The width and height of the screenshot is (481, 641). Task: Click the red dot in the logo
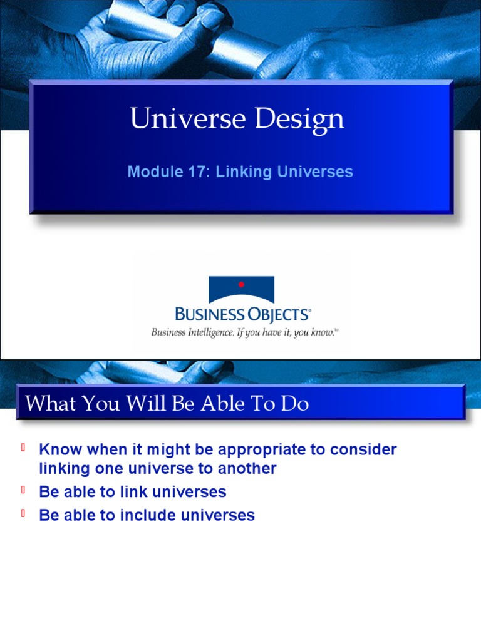[241, 285]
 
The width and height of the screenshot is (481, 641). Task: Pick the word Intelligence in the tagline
[207, 332]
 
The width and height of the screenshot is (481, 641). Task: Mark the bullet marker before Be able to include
[23, 513]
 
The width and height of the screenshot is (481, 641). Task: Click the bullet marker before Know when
[23, 448]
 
